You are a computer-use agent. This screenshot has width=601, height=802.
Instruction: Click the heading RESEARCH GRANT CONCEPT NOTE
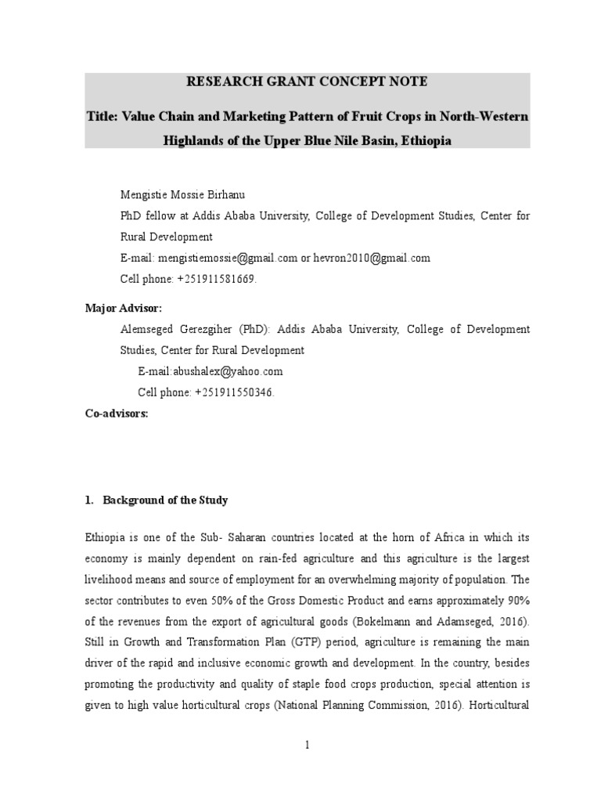pos(308,81)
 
